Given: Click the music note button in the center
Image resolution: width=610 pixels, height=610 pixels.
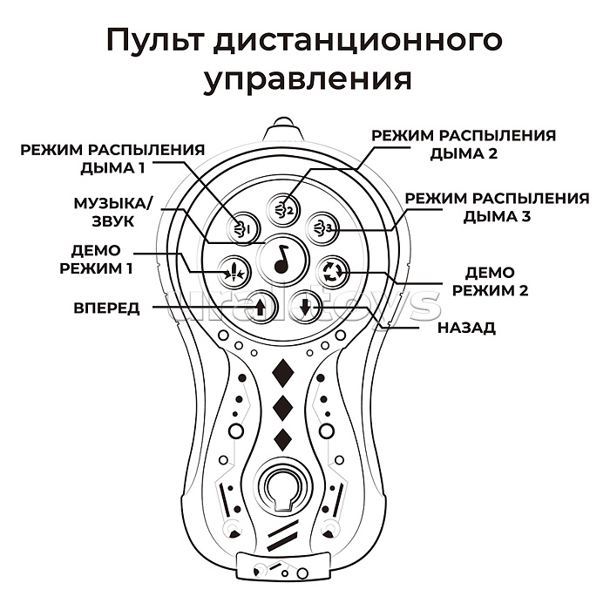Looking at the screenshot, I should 281,257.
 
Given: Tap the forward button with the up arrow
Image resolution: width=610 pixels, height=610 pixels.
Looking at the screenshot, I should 261,306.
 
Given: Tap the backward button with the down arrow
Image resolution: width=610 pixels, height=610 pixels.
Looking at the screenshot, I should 304,307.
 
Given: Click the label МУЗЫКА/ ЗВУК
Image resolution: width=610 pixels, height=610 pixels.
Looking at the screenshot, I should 112,213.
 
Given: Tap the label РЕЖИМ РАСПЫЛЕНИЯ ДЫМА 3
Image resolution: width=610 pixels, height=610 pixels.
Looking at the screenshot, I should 497,207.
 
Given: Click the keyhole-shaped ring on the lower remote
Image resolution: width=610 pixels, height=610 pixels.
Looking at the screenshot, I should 281,486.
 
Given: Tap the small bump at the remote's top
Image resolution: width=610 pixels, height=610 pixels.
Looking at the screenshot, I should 281,122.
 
